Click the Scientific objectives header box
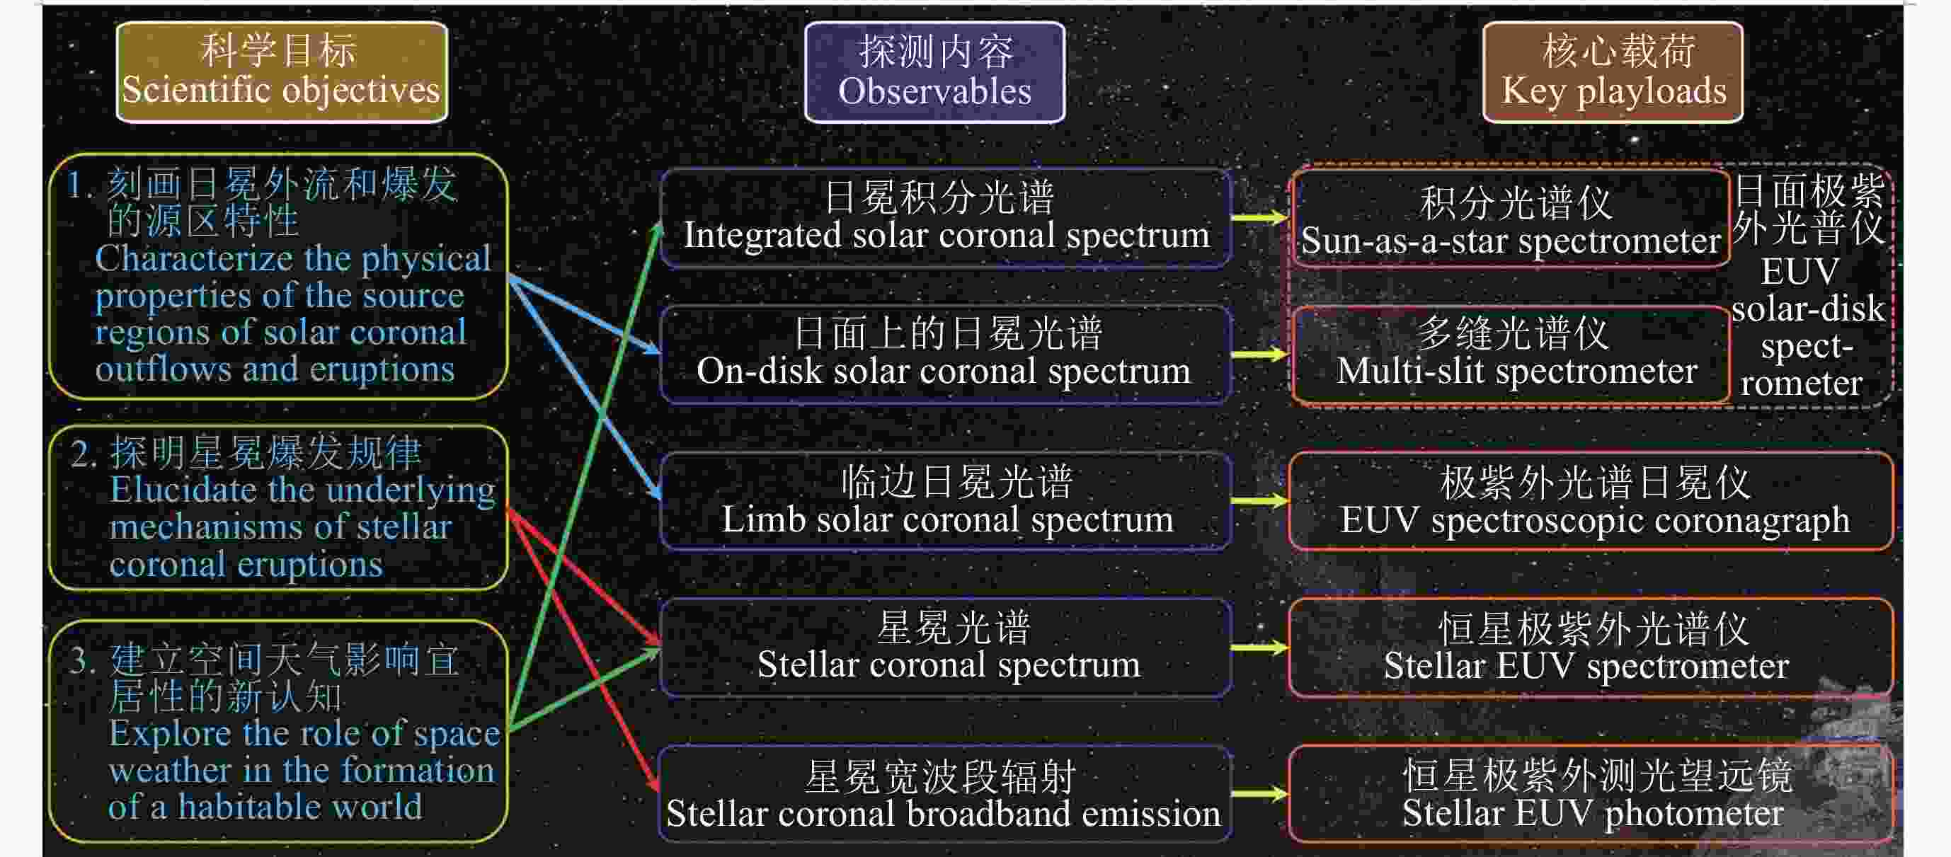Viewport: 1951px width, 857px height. (282, 71)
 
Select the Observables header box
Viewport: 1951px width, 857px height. (934, 71)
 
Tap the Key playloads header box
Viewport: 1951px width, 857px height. (1613, 71)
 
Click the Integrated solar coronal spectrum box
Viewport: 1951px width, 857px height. (946, 218)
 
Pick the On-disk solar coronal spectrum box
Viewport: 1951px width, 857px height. (946, 354)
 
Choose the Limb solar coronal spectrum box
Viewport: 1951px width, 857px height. (946, 501)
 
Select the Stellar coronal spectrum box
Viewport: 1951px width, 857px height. (946, 648)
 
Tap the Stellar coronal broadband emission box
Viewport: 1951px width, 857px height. (946, 793)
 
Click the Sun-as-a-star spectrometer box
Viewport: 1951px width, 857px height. (1511, 219)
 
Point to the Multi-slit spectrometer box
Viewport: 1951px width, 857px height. (1511, 354)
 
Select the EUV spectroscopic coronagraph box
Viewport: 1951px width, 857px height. (1591, 501)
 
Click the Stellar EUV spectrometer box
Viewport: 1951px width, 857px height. (1591, 648)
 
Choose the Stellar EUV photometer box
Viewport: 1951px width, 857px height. (1591, 793)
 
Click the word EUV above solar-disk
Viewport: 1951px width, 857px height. (1800, 271)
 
